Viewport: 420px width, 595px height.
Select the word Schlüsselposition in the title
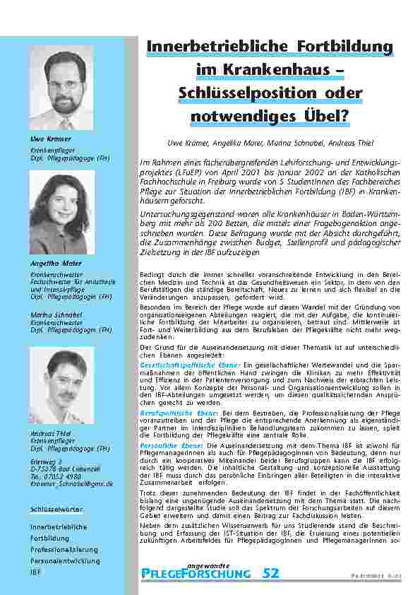[x=239, y=92]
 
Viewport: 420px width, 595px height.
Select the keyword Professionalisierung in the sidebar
[x=64, y=549]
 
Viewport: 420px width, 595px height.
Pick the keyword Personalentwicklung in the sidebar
[x=64, y=560]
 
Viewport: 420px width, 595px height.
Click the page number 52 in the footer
[x=270, y=573]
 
